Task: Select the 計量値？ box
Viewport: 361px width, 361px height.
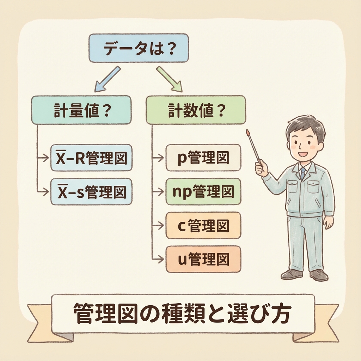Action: [81, 110]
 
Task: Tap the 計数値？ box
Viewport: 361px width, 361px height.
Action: [196, 110]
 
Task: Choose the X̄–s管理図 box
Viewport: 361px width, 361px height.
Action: [91, 192]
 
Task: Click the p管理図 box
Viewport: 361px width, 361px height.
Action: [203, 157]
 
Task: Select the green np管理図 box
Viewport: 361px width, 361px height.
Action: [203, 191]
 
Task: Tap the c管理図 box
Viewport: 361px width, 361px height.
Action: [203, 225]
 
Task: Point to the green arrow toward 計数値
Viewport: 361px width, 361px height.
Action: [169, 79]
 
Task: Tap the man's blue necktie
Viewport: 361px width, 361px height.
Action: [302, 173]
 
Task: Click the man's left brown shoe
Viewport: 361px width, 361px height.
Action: [291, 274]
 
